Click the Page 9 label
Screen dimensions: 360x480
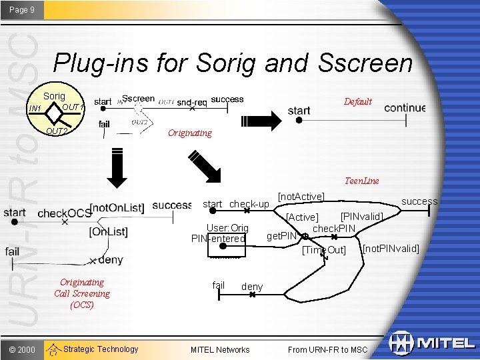(22, 10)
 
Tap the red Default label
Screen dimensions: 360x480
(357, 102)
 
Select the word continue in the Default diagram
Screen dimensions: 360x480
(405, 108)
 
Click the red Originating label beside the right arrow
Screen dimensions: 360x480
(189, 133)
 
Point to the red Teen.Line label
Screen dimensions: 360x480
(362, 181)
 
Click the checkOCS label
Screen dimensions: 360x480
(65, 213)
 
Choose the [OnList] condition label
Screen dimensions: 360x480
(108, 232)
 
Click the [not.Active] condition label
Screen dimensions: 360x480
(301, 196)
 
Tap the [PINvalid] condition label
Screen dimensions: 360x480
(361, 217)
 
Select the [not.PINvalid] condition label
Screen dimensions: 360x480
(391, 249)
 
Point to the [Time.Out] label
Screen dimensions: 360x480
(324, 251)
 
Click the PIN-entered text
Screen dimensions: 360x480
(218, 239)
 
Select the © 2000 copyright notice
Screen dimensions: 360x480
(22, 349)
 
